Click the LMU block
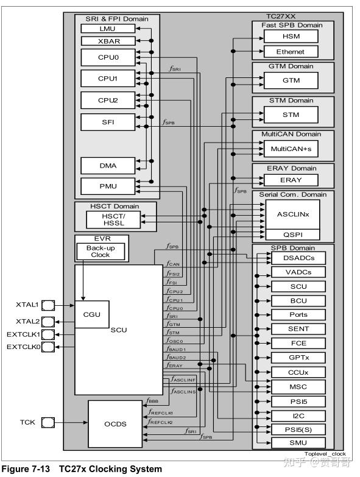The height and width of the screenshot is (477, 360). point(107,29)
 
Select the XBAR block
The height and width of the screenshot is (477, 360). point(107,41)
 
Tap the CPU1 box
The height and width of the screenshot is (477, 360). point(107,79)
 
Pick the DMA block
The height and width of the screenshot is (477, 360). point(107,166)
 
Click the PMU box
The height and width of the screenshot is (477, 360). point(107,186)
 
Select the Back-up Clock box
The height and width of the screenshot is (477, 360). point(100,251)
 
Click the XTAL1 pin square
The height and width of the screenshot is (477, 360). point(49,304)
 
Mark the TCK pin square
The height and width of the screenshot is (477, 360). point(49,422)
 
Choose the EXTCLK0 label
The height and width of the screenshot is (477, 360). point(23,347)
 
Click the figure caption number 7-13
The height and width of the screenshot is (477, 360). point(43,469)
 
